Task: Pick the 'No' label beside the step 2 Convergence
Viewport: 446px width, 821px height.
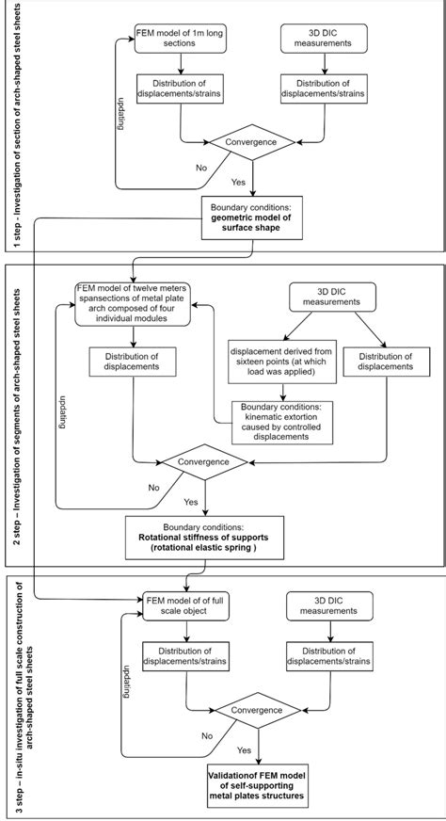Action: coord(153,487)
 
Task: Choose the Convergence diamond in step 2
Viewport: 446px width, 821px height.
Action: coord(204,461)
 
